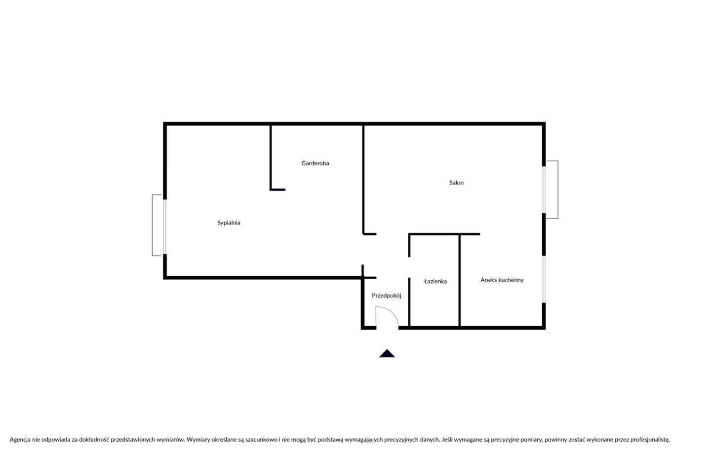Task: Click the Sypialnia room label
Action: pyautogui.click(x=229, y=223)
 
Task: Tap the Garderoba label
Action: pyautogui.click(x=315, y=163)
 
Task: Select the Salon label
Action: pyautogui.click(x=456, y=183)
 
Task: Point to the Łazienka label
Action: pyautogui.click(x=435, y=281)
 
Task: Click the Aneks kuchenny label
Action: pyautogui.click(x=502, y=280)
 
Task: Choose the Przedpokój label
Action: pyautogui.click(x=386, y=296)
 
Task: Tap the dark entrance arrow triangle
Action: pyautogui.click(x=387, y=354)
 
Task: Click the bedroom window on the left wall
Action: pyautogui.click(x=165, y=227)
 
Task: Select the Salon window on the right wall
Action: pyautogui.click(x=544, y=189)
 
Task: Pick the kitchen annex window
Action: pyautogui.click(x=544, y=279)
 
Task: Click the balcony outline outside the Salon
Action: pyautogui.click(x=558, y=189)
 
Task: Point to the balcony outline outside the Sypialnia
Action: pyautogui.click(x=153, y=225)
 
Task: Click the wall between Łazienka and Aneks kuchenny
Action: pyautogui.click(x=459, y=281)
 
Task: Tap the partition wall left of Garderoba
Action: pyautogui.click(x=271, y=157)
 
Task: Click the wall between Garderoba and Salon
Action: pyautogui.click(x=363, y=180)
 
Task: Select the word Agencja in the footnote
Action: pyautogui.click(x=20, y=440)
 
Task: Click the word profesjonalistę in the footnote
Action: pyautogui.click(x=650, y=440)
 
